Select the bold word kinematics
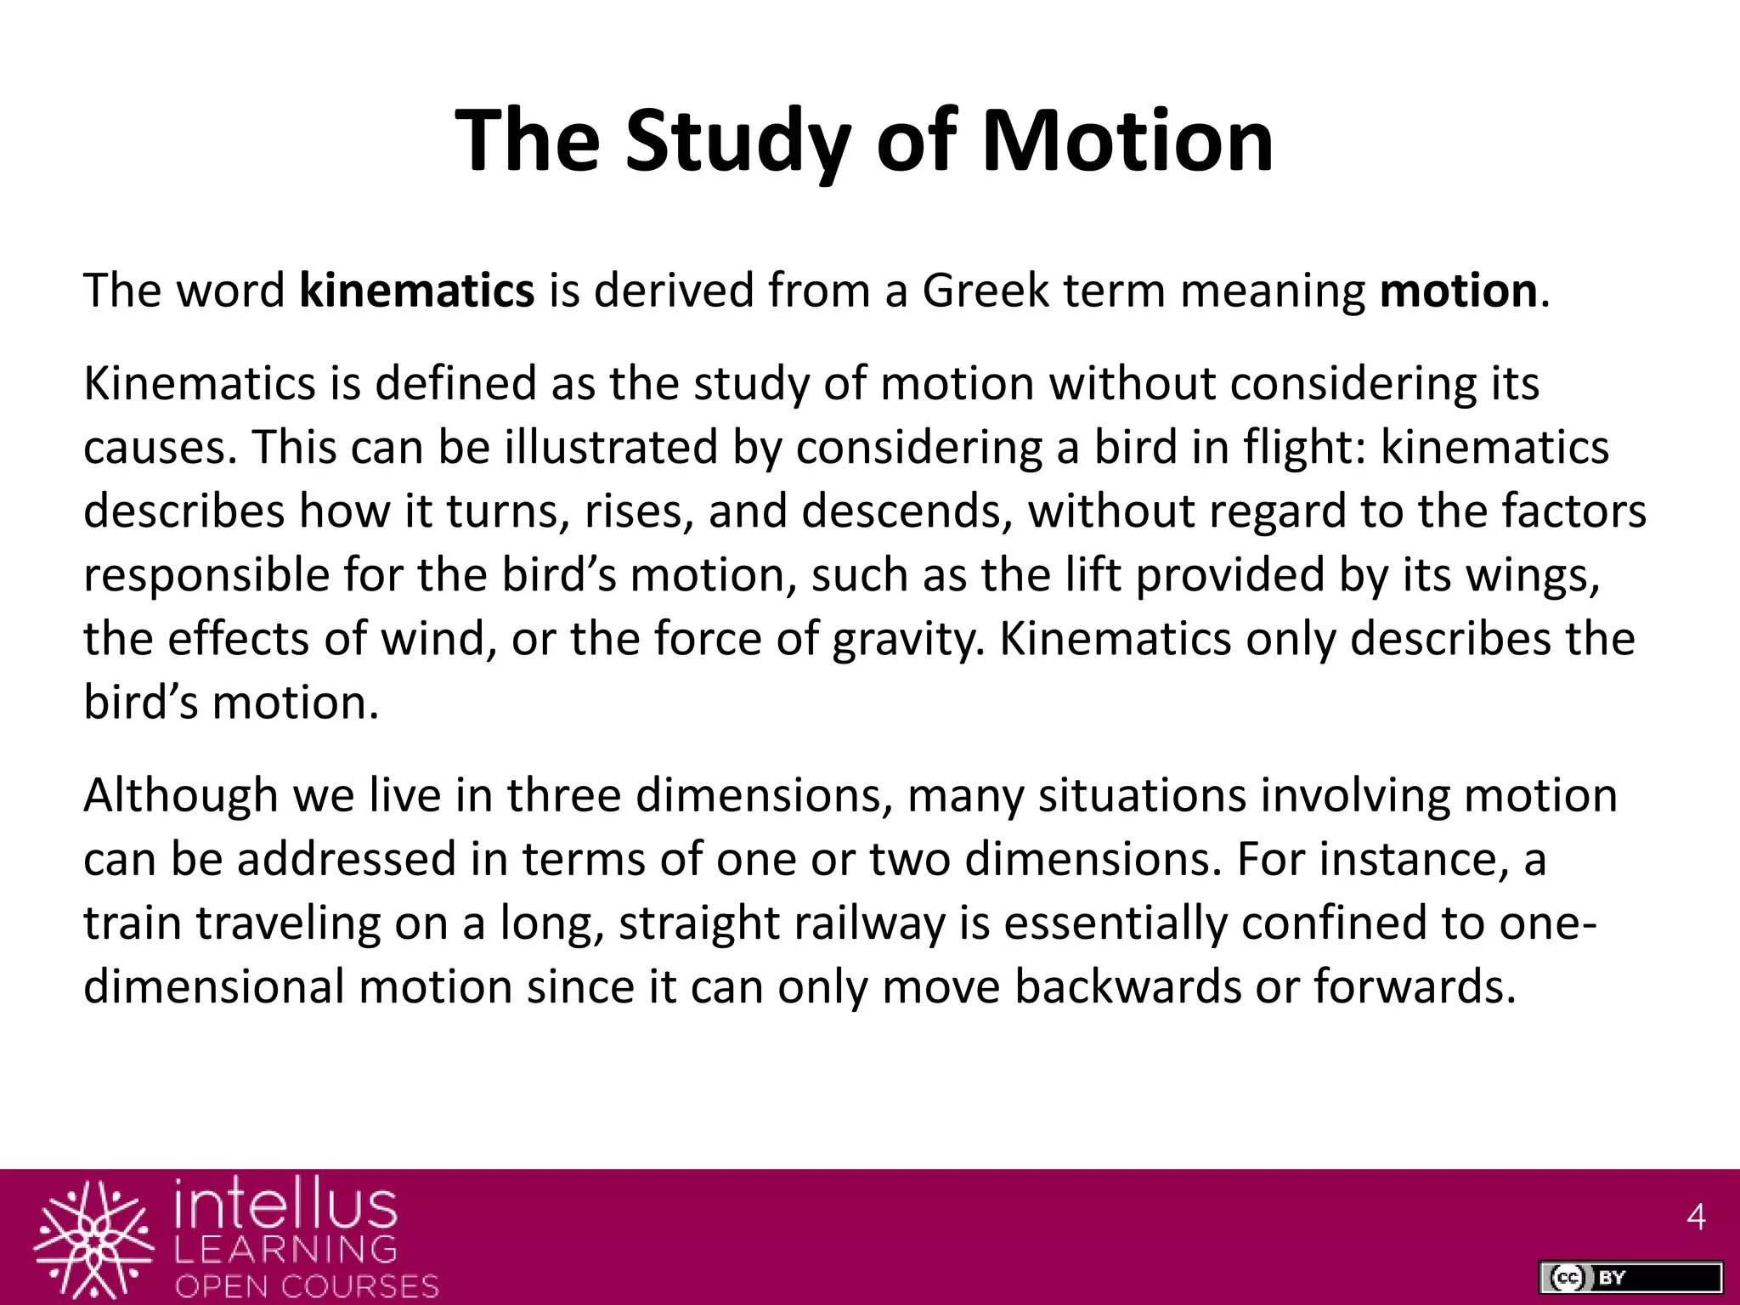coord(416,291)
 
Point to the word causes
coord(158,448)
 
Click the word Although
coord(180,796)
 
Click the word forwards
coord(1414,987)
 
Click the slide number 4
coord(1696,1217)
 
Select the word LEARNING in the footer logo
coord(286,1249)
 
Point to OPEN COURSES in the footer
coord(307,1285)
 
